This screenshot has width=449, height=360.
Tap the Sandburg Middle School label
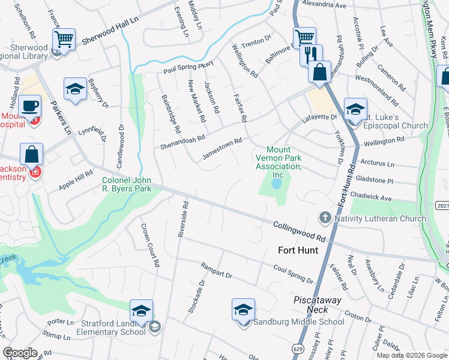[x=298, y=322]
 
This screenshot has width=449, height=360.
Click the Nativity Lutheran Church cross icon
[x=325, y=218]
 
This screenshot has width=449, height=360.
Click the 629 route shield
[x=298, y=348]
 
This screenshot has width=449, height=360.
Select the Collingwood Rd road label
[x=299, y=230]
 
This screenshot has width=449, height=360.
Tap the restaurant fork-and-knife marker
[x=311, y=55]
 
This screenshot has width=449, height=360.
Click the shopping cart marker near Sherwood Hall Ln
[x=63, y=40]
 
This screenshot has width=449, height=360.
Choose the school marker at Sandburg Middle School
[x=243, y=310]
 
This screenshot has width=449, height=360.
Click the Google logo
[x=20, y=353]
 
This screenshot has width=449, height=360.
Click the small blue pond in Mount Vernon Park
[x=276, y=185]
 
